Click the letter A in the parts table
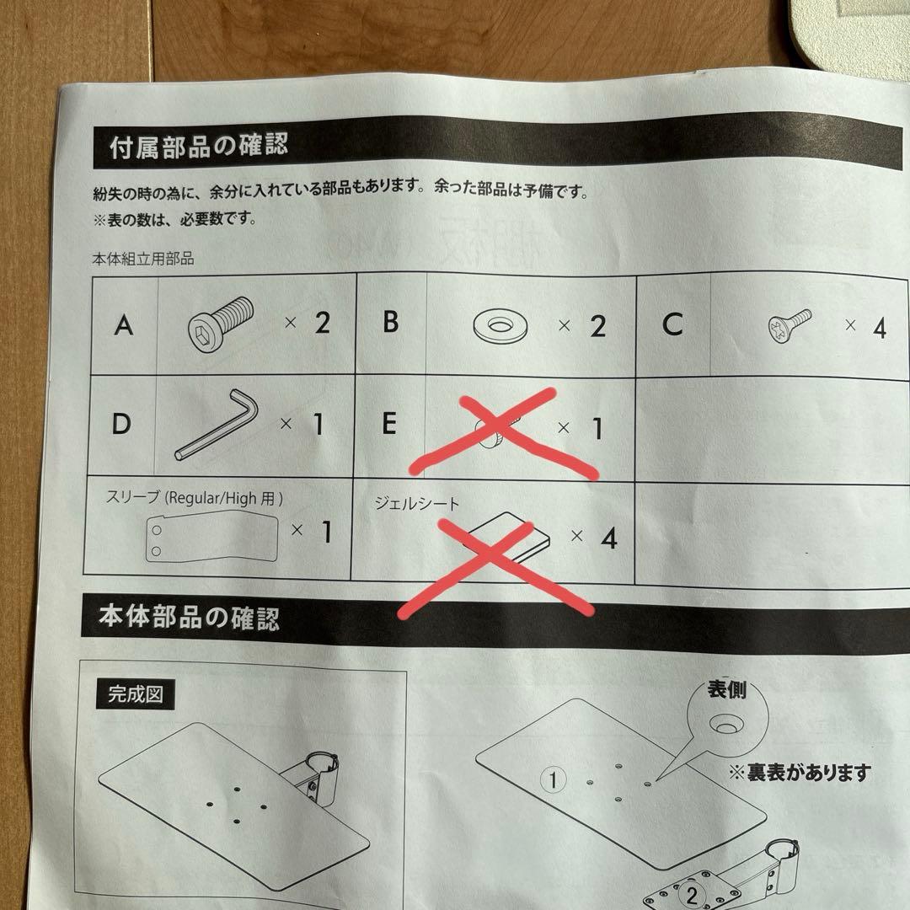click(124, 325)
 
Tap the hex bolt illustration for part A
click(221, 324)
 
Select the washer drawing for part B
click(500, 325)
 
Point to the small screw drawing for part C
click(790, 325)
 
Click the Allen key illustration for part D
click(217, 424)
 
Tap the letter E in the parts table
click(389, 423)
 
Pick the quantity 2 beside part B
click(597, 326)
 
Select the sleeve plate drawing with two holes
click(211, 536)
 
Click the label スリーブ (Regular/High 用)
click(195, 498)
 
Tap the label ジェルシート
click(417, 502)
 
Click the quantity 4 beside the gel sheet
click(609, 538)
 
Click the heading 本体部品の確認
click(189, 617)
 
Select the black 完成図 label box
click(135, 694)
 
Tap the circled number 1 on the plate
click(553, 779)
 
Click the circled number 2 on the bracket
click(691, 894)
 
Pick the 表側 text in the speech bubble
click(726, 689)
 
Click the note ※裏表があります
click(800, 773)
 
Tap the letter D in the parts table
click(121, 424)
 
